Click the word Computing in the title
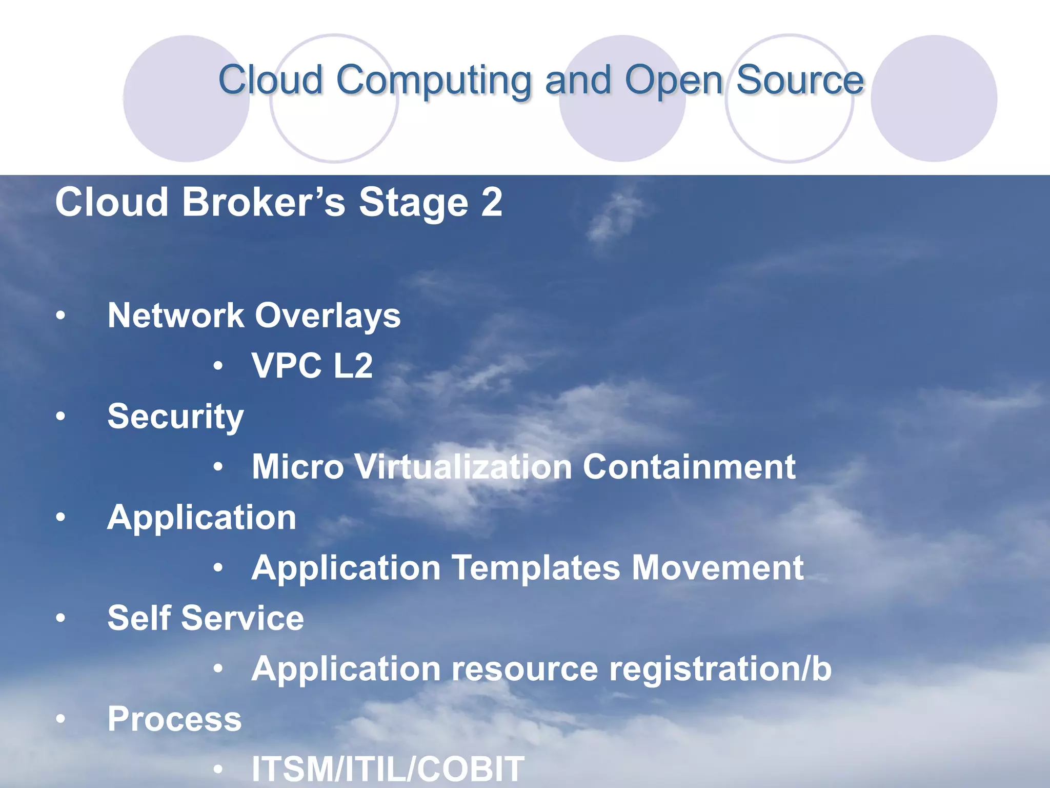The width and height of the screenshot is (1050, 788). click(x=433, y=81)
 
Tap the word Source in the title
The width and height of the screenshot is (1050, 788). click(x=800, y=80)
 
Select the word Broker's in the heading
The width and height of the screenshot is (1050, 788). click(x=264, y=202)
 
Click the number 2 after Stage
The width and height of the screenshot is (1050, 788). click(x=492, y=202)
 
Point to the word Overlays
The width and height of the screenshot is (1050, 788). click(x=328, y=315)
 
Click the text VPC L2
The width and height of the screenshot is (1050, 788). click(x=312, y=366)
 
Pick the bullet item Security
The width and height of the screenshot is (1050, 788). click(x=175, y=417)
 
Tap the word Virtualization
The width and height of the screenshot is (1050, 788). click(x=463, y=467)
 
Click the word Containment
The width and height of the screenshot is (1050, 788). click(x=689, y=467)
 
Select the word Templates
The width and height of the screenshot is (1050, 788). click(x=535, y=568)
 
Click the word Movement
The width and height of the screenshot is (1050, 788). click(x=717, y=568)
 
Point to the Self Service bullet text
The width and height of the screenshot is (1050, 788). click(x=205, y=618)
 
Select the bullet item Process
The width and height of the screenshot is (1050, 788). click(x=174, y=719)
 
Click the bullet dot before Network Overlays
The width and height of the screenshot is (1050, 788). click(x=61, y=316)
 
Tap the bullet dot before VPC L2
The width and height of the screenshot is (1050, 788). click(x=218, y=366)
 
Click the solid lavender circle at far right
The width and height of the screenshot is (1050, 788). click(x=934, y=98)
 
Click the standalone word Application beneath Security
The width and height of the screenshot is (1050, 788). click(x=201, y=517)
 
